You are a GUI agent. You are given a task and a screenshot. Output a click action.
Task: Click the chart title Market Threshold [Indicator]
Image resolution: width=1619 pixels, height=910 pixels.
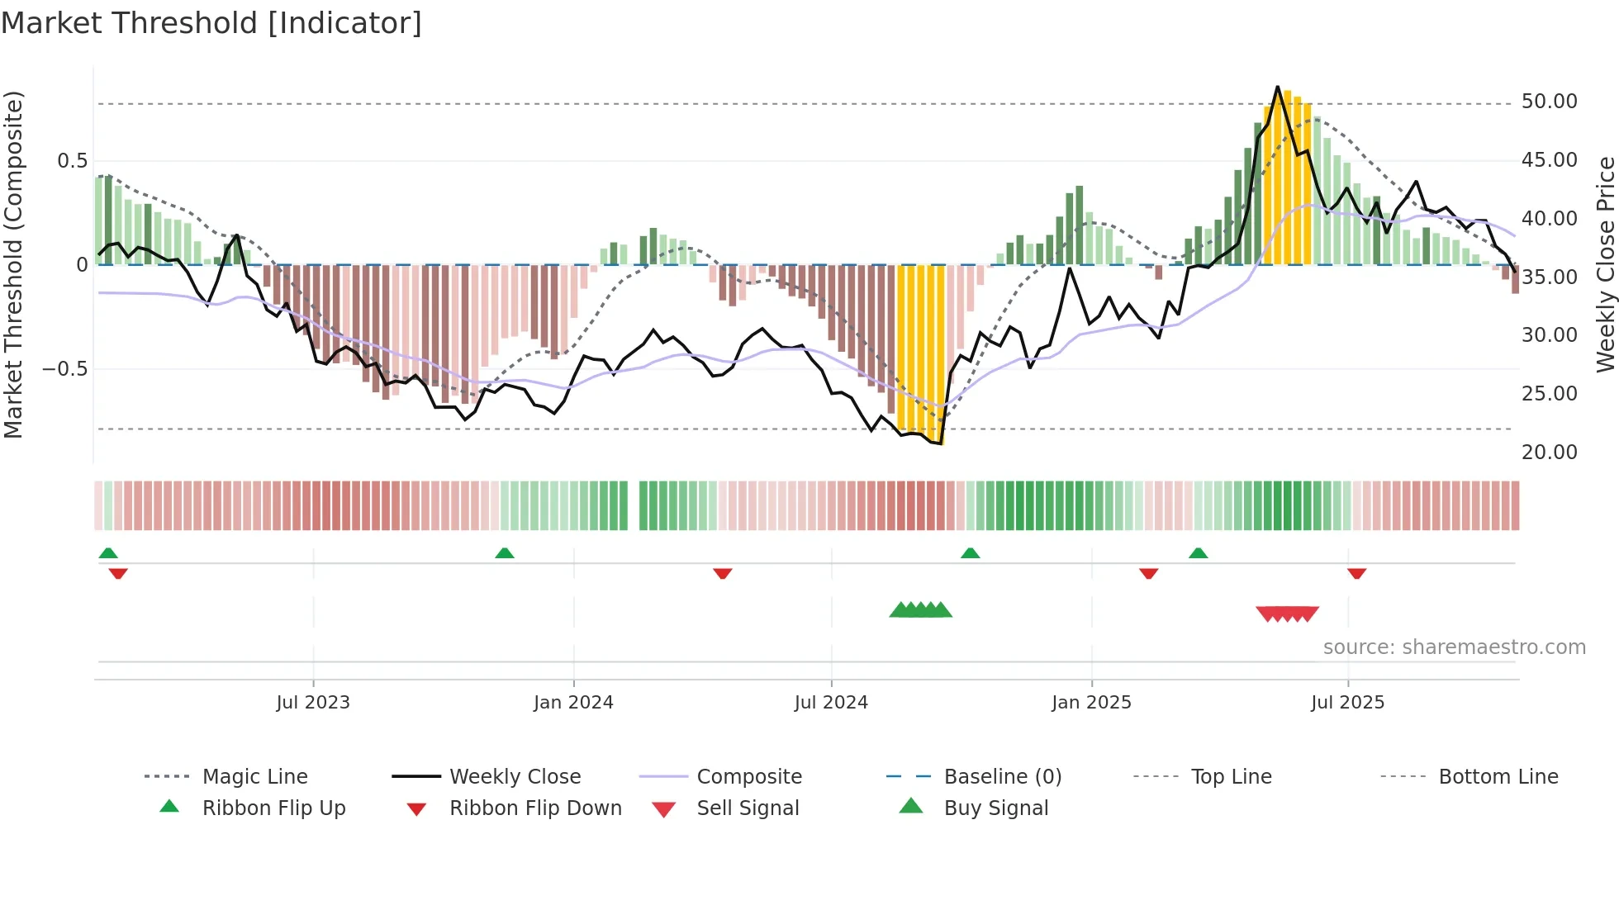tap(211, 23)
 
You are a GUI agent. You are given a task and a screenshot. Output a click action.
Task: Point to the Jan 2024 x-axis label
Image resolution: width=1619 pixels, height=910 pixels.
tap(573, 703)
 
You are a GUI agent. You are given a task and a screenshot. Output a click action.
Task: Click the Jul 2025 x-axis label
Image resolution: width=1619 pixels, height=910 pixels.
tap(1347, 703)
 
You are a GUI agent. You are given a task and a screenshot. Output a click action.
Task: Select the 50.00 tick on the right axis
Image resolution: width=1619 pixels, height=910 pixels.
tap(1549, 102)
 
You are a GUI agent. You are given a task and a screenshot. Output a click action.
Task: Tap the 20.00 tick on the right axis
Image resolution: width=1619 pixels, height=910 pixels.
tap(1549, 453)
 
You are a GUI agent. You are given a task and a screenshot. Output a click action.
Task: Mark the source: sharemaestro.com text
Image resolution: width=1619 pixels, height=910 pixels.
tap(1454, 647)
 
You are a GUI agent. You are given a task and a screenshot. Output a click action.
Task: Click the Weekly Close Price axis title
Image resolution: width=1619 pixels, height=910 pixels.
tap(1605, 264)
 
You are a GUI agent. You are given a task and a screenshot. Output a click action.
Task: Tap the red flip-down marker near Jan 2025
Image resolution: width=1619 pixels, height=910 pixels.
tap(1148, 573)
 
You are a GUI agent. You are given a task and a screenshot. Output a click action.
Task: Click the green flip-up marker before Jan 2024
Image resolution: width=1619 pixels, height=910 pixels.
tap(505, 553)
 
